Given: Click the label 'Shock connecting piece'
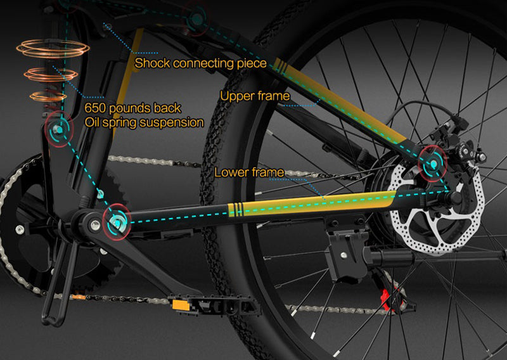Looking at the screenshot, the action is pyautogui.click(x=200, y=63).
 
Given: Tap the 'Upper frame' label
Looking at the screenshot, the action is pyautogui.click(x=255, y=96).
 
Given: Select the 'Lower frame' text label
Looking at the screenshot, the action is pyautogui.click(x=249, y=172).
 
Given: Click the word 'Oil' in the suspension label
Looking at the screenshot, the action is pyautogui.click(x=92, y=122).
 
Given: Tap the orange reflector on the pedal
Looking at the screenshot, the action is pyautogui.click(x=179, y=305).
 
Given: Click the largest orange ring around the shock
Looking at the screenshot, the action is pyautogui.click(x=53, y=49).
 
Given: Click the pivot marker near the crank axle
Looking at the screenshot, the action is pyautogui.click(x=117, y=222).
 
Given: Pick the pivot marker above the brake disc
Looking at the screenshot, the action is pyautogui.click(x=433, y=164).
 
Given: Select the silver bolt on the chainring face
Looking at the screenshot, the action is pyautogui.click(x=20, y=229).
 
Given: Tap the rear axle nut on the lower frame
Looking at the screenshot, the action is pyautogui.click(x=455, y=196).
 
